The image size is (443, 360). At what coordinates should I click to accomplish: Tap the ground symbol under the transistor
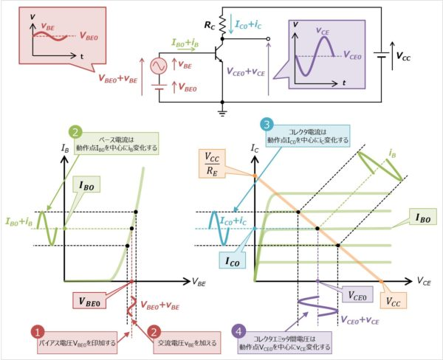(222, 113)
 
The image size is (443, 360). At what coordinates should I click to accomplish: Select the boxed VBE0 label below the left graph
(92, 300)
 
